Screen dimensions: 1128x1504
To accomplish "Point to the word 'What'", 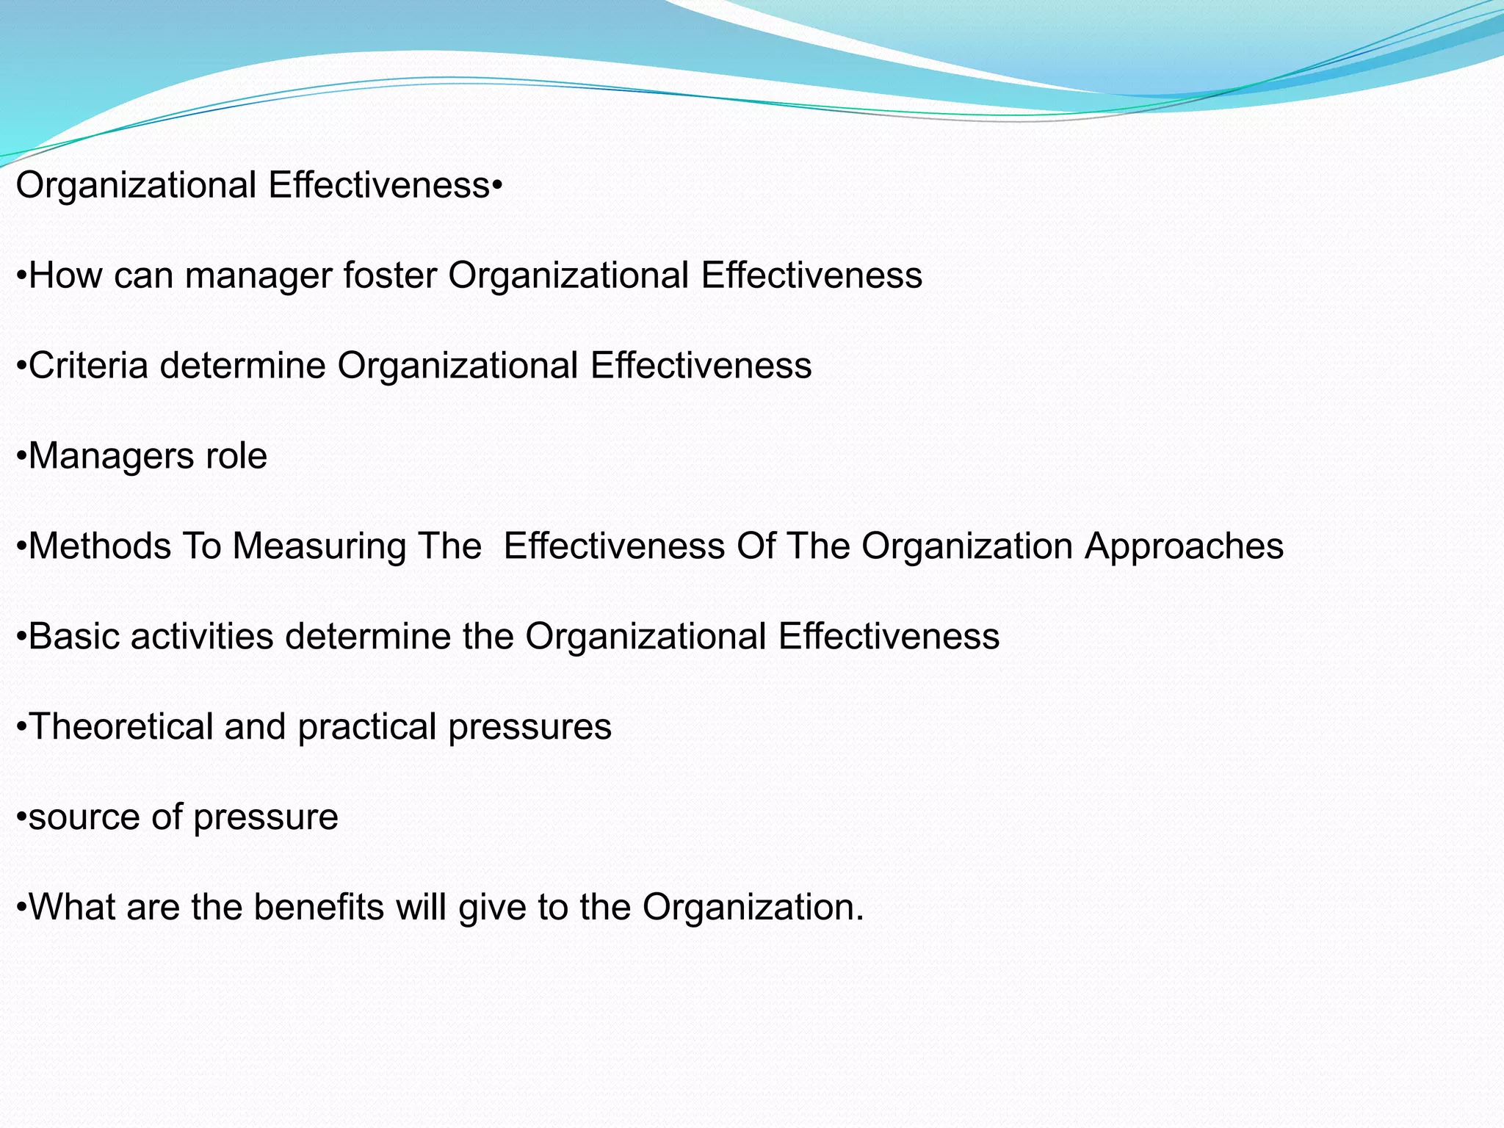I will point(71,908).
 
